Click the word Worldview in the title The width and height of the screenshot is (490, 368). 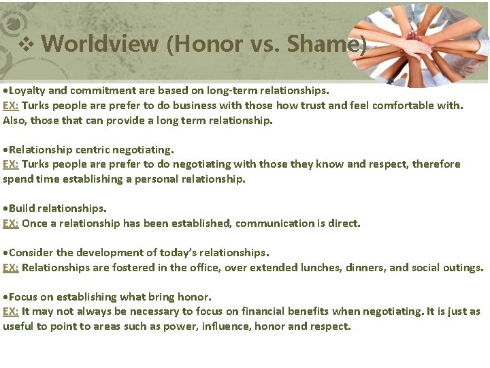tap(100, 45)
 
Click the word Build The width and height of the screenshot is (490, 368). tap(22, 208)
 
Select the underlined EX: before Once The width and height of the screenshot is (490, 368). tap(11, 224)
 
